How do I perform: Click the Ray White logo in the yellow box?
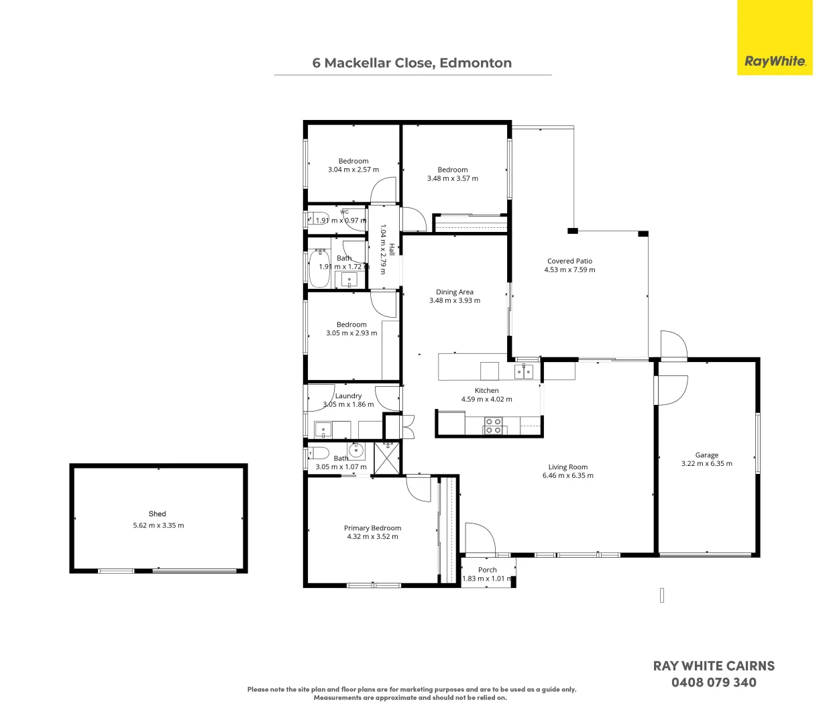(x=775, y=61)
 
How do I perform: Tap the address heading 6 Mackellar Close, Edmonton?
(x=412, y=63)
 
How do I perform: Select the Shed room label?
(x=158, y=514)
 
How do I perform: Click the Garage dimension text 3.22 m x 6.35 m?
(x=707, y=463)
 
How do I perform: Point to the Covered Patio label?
(x=569, y=261)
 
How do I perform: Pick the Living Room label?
(x=567, y=467)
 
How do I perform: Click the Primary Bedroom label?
(x=372, y=528)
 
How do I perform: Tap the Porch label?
(x=488, y=570)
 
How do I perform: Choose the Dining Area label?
(x=455, y=292)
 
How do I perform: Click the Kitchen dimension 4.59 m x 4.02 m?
(x=486, y=399)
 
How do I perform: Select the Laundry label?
(x=348, y=396)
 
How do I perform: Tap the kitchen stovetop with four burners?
(x=493, y=425)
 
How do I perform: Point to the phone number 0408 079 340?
(x=714, y=682)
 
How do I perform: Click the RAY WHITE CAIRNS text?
(x=714, y=666)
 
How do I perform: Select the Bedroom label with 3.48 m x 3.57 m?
(x=452, y=170)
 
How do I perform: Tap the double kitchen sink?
(x=524, y=371)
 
